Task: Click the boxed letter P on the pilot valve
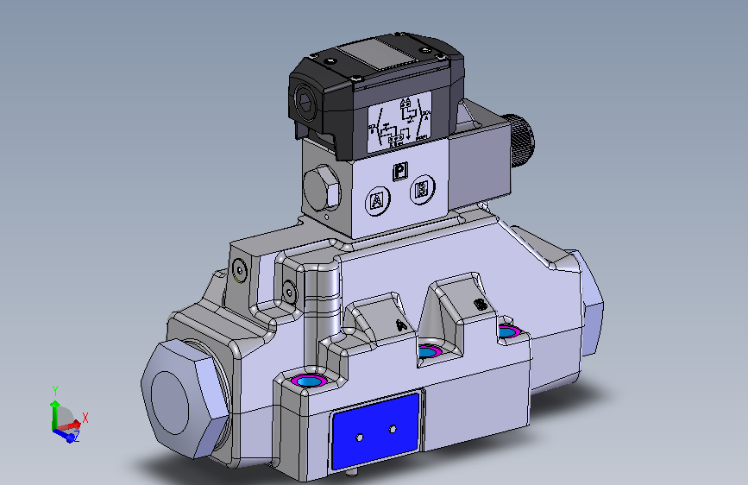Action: click(x=399, y=172)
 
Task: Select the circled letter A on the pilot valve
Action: click(x=376, y=202)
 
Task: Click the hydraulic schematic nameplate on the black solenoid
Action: click(x=399, y=122)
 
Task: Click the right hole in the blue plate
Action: click(x=393, y=428)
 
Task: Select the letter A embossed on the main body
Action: click(x=399, y=324)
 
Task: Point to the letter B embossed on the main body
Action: click(x=480, y=305)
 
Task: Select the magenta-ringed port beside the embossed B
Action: click(x=508, y=331)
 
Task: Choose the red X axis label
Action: click(x=85, y=418)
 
